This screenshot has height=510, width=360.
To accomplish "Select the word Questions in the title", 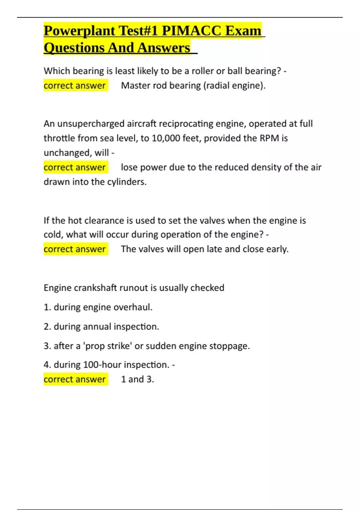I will click(74, 48).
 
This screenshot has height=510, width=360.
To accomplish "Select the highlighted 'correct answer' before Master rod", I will click(75, 85).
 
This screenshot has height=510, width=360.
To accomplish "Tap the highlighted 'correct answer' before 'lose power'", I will click(75, 167).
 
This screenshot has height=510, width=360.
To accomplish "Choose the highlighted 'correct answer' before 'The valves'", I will click(75, 249).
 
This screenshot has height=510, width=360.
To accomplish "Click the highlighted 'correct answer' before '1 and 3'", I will click(75, 379).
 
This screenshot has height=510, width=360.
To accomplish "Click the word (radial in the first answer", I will click(217, 85).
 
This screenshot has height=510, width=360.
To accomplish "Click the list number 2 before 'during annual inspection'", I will click(47, 327).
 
